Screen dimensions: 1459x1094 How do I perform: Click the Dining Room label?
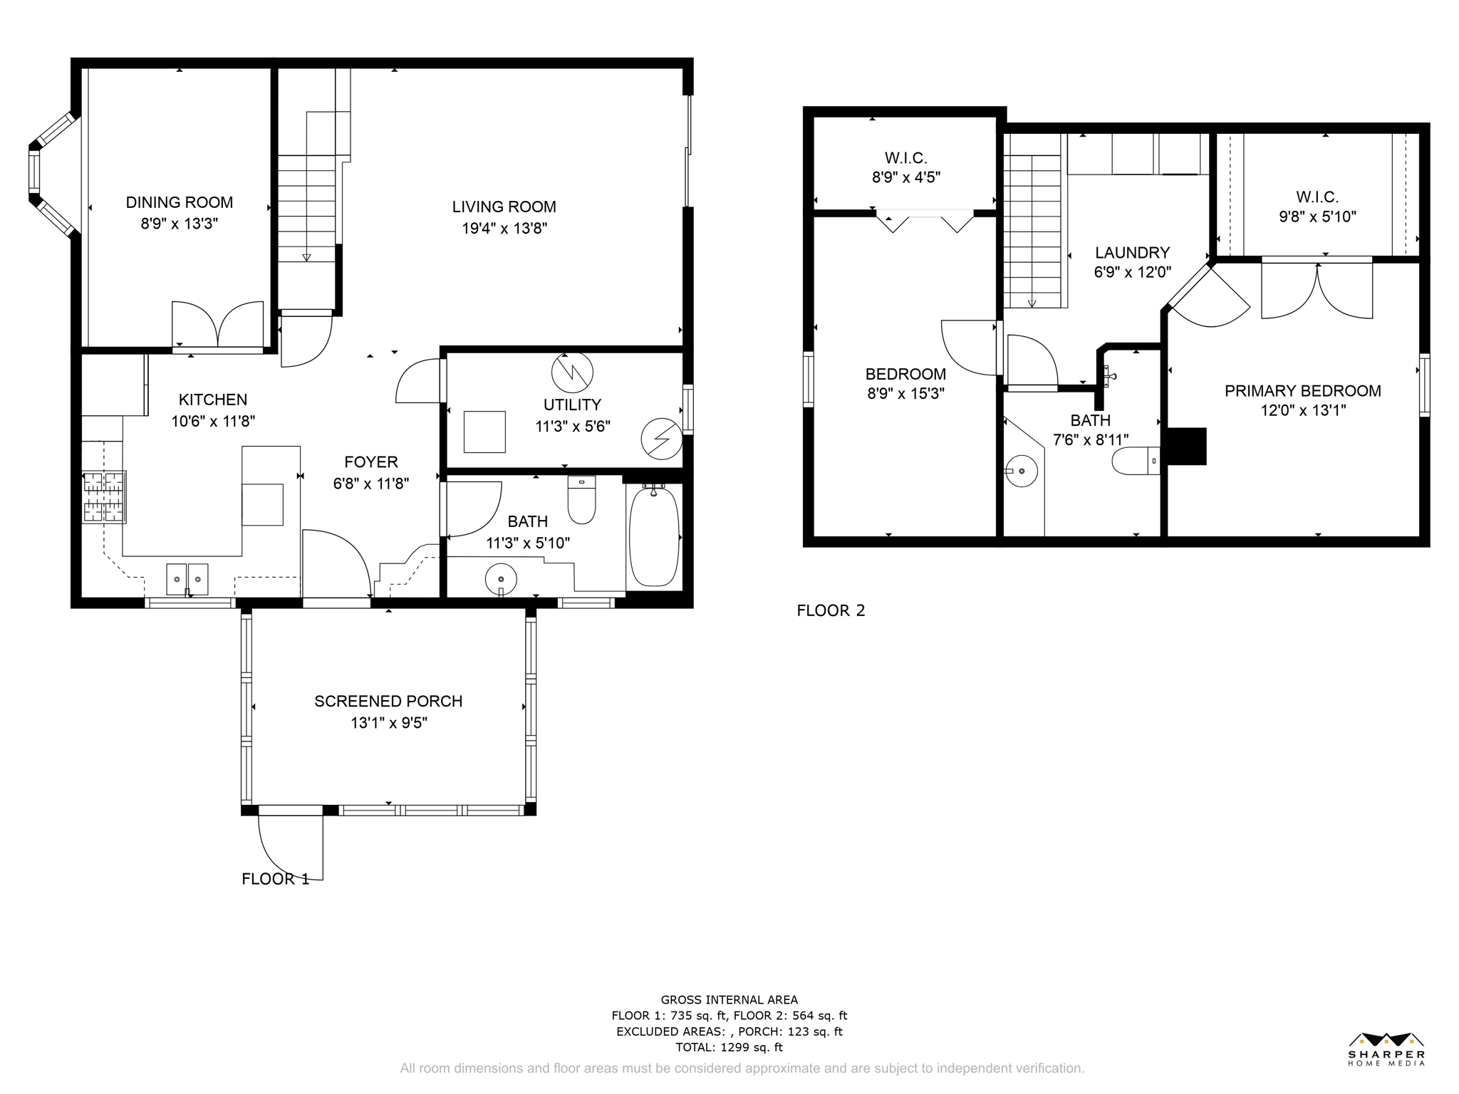coord(180,202)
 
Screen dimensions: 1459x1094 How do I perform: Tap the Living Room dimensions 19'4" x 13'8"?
coord(504,229)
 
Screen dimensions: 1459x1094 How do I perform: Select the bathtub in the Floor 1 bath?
coord(654,536)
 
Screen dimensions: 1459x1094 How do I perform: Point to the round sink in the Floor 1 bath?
coord(501,580)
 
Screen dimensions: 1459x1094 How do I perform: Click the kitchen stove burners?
coord(104,497)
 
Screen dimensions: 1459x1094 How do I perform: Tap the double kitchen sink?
coord(187,579)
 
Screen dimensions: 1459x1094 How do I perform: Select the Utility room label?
coord(572,405)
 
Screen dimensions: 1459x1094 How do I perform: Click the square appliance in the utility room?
coord(484,432)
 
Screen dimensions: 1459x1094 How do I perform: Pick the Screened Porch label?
coord(388,702)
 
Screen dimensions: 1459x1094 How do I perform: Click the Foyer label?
coord(371,462)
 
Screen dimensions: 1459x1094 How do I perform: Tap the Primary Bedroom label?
coord(1303,390)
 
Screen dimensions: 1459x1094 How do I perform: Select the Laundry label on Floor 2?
coord(1132,253)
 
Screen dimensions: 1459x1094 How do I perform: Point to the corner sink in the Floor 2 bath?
coord(1022,471)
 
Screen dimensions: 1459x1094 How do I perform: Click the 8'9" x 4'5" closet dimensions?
coord(906,177)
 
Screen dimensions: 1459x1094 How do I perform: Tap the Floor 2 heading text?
coord(831,610)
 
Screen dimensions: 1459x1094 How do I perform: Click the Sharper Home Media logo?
coord(1386,1049)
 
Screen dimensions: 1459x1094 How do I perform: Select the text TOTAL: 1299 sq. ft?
coord(729,1047)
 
